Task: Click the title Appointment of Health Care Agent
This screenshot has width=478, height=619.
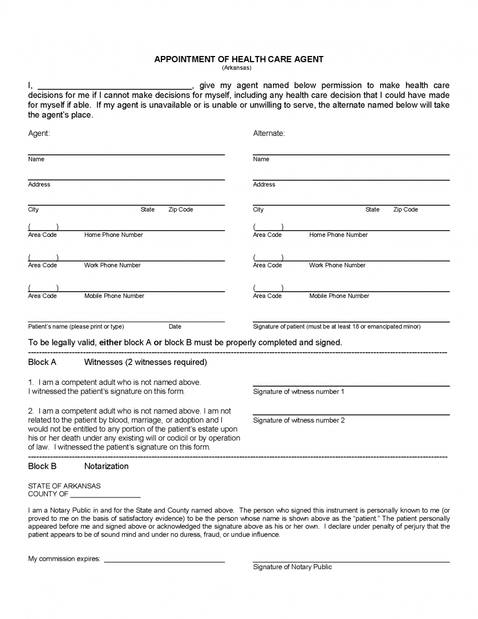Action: (238, 59)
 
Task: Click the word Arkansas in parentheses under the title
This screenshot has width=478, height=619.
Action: (237, 68)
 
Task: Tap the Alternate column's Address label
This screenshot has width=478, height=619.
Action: (263, 185)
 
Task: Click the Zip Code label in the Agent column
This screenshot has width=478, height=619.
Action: (181, 210)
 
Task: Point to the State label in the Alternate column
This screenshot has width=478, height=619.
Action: (372, 210)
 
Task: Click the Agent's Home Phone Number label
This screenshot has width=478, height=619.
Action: (113, 235)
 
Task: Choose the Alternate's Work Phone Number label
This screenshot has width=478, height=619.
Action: (338, 266)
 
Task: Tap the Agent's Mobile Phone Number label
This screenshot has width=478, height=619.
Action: (114, 296)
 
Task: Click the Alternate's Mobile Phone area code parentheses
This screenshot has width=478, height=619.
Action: (268, 288)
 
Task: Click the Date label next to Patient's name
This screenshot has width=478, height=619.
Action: (175, 327)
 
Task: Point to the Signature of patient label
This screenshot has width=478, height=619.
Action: (336, 327)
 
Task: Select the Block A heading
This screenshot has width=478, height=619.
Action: (42, 362)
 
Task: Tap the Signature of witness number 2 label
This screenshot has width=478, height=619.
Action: (298, 420)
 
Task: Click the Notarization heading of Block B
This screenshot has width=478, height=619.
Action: (106, 466)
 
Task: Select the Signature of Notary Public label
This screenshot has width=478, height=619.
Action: (292, 567)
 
